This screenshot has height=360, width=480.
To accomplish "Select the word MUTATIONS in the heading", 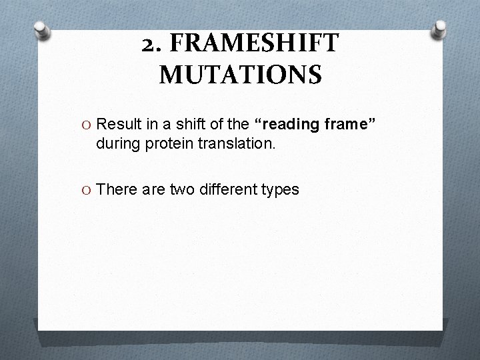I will [240, 74].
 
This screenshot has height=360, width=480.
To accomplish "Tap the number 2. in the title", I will [154, 44].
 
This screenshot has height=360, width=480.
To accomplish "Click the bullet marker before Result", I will [87, 123].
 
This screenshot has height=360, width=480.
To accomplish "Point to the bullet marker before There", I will [87, 190].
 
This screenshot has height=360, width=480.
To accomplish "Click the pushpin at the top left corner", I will [41, 30].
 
